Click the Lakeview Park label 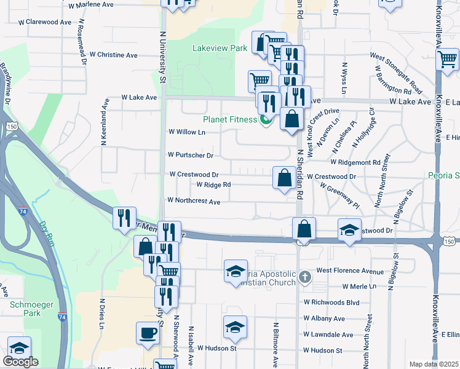220,47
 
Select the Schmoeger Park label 25,307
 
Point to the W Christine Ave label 114,55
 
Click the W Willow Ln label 186,132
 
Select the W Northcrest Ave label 194,201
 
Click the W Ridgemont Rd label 355,162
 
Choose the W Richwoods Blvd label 331,303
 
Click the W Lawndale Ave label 328,335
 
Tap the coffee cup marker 147,333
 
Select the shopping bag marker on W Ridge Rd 284,178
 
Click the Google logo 20,362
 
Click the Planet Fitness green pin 266,119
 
